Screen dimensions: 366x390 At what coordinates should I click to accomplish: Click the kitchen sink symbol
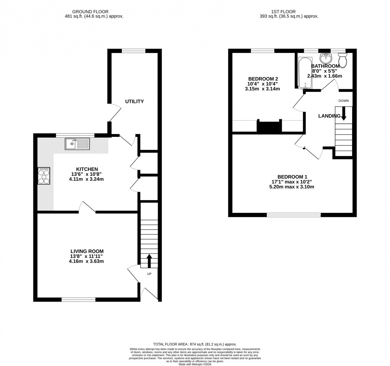pos(78,144)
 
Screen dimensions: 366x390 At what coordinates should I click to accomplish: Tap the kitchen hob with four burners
pos(44,176)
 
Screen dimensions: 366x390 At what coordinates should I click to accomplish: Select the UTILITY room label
pos(134,101)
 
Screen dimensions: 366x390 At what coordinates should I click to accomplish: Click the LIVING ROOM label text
pos(87,251)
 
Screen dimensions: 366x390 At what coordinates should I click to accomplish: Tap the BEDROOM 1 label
pos(292,177)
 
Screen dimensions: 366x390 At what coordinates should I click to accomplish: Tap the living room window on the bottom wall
pos(78,299)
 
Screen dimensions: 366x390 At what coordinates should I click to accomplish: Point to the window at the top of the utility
pos(134,51)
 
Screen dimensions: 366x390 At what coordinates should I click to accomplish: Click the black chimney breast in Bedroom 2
pos(269,127)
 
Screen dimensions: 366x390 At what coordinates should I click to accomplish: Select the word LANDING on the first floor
pos(329,116)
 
